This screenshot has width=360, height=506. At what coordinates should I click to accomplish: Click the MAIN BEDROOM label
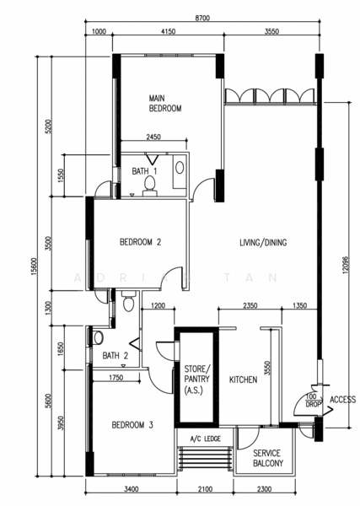click(x=165, y=103)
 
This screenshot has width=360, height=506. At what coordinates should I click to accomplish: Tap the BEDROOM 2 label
click(x=140, y=242)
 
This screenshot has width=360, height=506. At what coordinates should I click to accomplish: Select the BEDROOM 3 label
click(x=132, y=425)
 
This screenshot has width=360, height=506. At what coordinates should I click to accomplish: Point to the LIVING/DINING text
click(x=263, y=242)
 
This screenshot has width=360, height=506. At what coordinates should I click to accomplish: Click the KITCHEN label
click(x=243, y=379)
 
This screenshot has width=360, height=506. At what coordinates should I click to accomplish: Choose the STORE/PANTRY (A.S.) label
click(x=196, y=379)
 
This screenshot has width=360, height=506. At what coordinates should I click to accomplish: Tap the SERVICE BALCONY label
click(x=268, y=458)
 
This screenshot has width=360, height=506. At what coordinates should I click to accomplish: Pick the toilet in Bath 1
click(x=150, y=186)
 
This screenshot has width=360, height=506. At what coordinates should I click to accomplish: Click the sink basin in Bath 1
click(x=180, y=168)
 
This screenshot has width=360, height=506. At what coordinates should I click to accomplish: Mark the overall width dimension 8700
click(x=202, y=18)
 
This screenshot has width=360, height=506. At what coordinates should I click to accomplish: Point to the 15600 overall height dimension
click(x=35, y=266)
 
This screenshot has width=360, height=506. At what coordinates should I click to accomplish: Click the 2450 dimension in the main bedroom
click(x=153, y=137)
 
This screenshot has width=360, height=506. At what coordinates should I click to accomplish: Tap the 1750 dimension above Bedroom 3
click(x=116, y=377)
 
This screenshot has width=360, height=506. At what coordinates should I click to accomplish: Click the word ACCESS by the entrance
click(x=342, y=400)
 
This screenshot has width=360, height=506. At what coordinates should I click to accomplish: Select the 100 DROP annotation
click(x=311, y=401)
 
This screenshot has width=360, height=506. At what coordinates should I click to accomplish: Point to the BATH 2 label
click(x=116, y=356)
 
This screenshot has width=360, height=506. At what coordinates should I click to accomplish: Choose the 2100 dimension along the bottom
click(x=205, y=489)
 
